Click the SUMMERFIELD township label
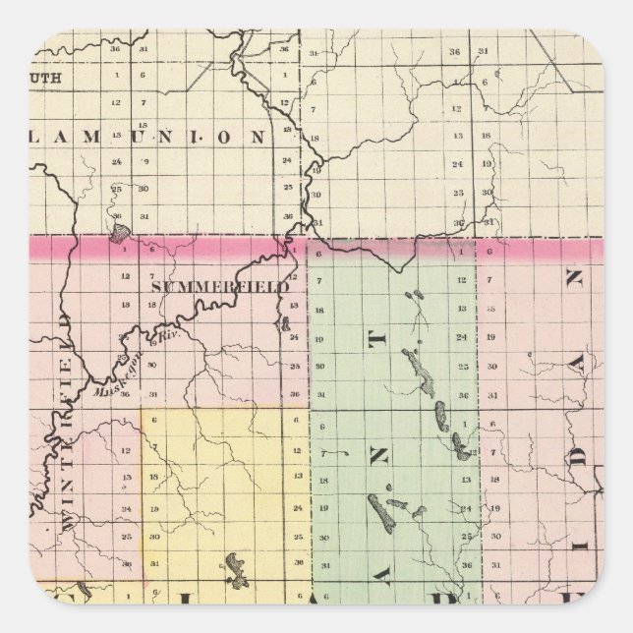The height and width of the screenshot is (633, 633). [x=220, y=286]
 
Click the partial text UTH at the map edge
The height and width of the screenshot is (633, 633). [x=46, y=73]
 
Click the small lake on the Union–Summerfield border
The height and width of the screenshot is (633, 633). [x=118, y=234]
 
